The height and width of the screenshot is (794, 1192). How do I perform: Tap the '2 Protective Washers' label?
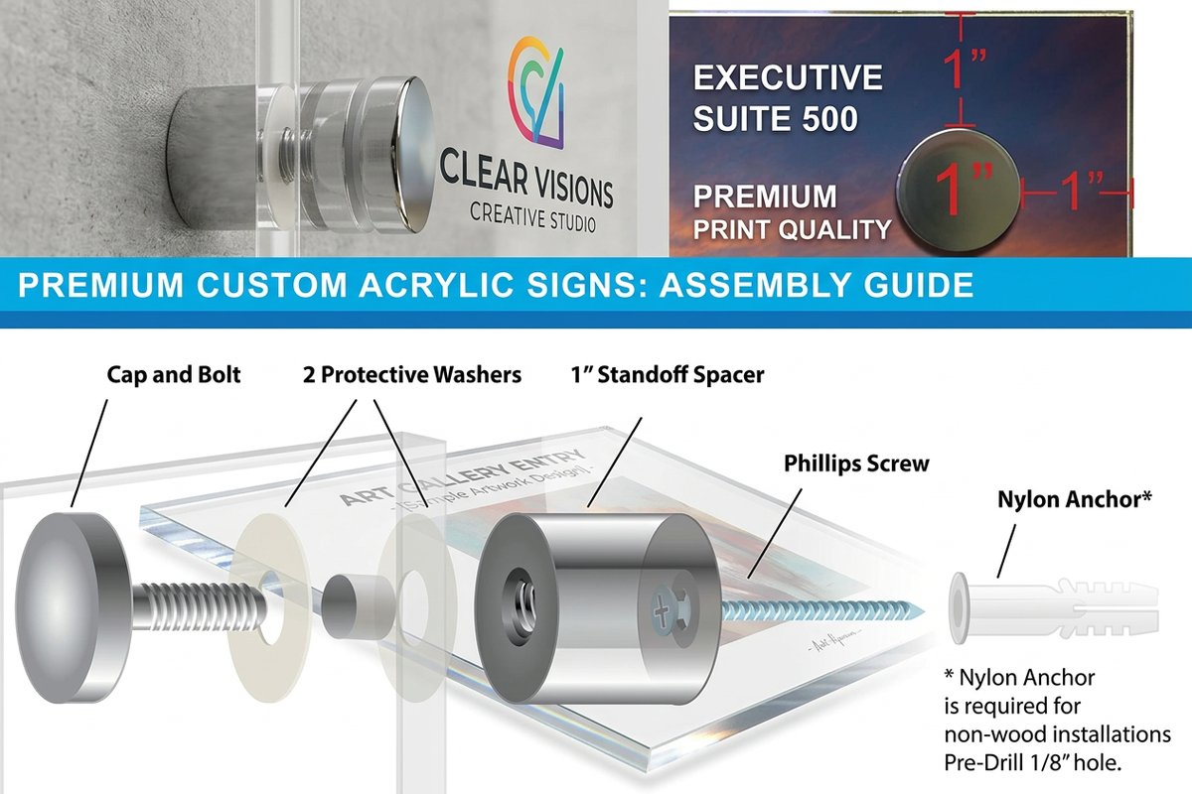tap(412, 376)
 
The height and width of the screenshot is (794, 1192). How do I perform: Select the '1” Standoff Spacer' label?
tap(667, 376)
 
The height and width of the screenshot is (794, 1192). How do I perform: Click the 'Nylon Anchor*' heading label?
tap(1074, 500)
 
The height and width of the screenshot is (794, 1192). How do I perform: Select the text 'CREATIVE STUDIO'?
tap(533, 216)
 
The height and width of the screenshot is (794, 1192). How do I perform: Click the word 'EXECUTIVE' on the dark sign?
tap(788, 78)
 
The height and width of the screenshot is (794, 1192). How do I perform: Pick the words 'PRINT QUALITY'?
tap(792, 230)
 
